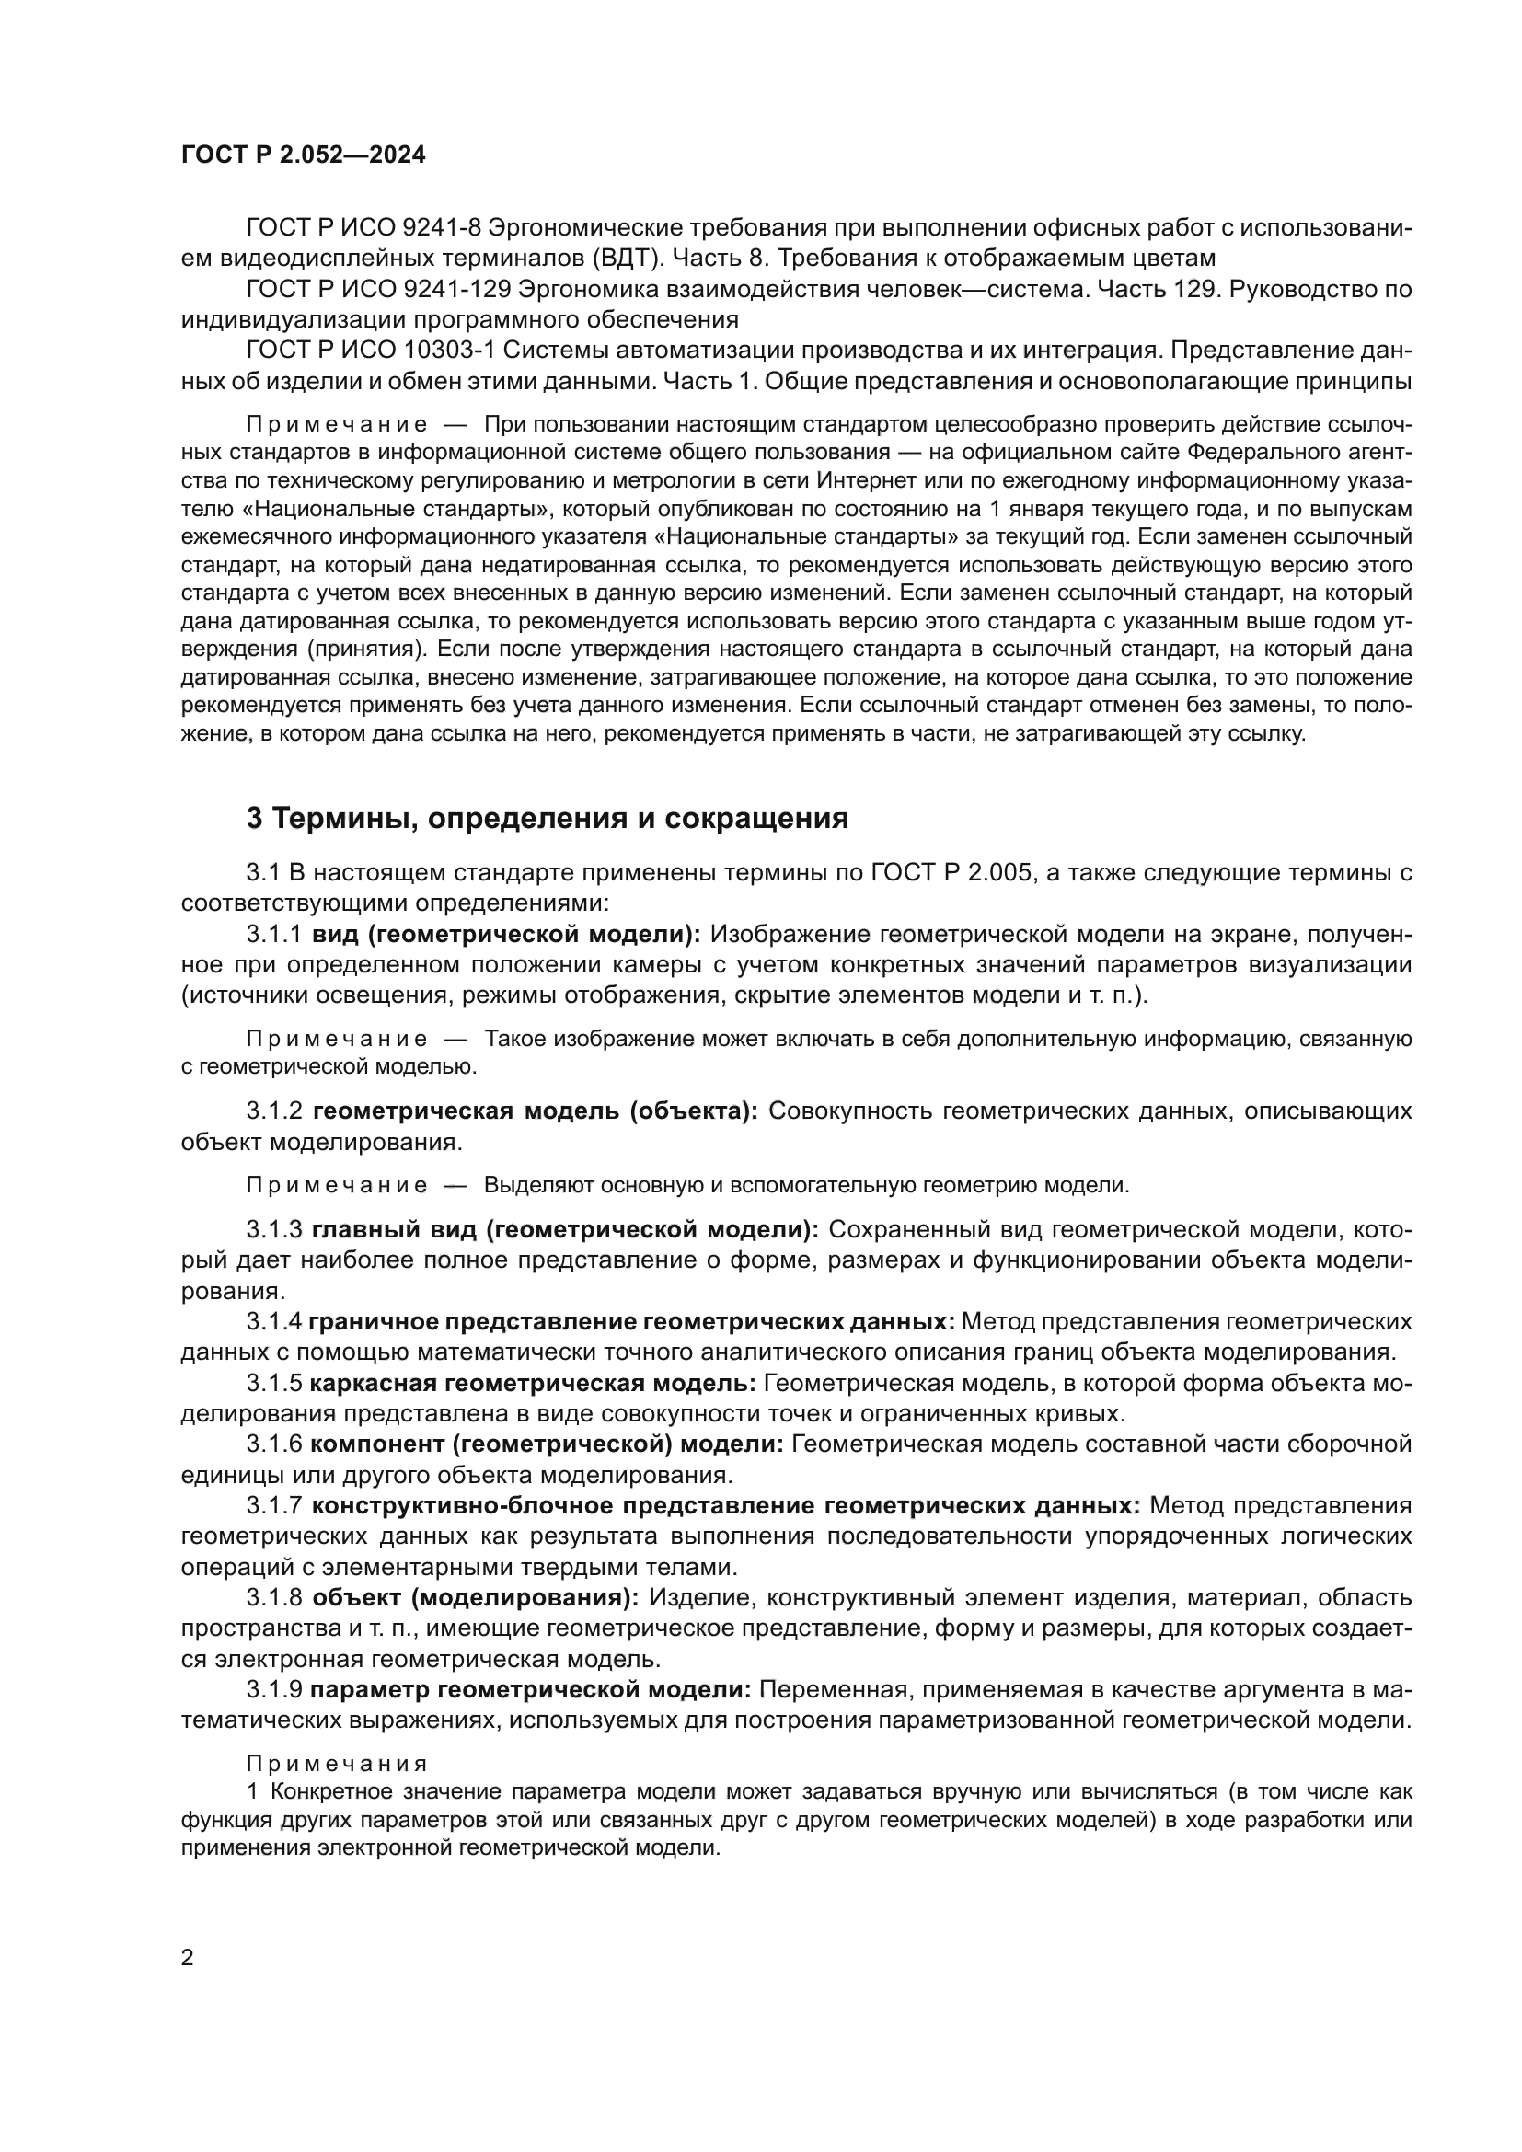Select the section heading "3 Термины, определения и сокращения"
click(548, 819)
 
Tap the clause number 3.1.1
click(274, 935)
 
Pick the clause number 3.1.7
click(274, 1506)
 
